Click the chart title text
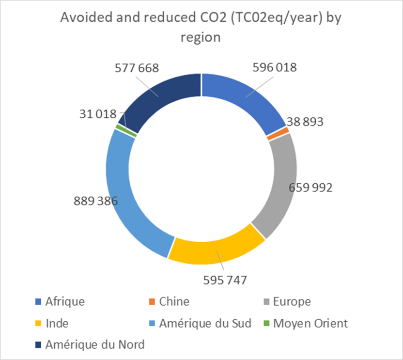pyautogui.click(x=201, y=28)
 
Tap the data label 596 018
pyautogui.click(x=274, y=67)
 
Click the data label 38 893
pyautogui.click(x=305, y=121)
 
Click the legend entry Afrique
pyautogui.click(x=65, y=301)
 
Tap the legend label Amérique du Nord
pyautogui.click(x=95, y=345)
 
